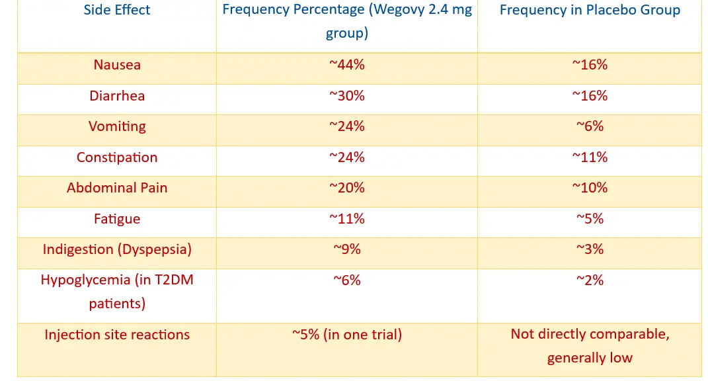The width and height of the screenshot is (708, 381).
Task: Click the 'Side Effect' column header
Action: [117, 10]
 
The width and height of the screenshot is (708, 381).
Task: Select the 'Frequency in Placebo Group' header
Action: [590, 10]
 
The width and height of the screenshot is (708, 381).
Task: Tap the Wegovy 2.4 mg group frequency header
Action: [347, 21]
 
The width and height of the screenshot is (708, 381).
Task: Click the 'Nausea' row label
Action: [117, 65]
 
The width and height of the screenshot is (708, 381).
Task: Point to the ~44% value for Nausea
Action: [347, 65]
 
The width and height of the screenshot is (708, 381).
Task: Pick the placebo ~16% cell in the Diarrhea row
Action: [590, 96]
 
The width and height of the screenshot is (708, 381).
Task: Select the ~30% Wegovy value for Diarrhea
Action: [347, 96]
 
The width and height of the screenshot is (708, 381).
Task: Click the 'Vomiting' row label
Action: [117, 126]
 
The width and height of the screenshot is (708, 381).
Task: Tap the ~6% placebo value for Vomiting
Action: [590, 126]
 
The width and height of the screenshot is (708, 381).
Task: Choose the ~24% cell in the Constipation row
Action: [347, 157]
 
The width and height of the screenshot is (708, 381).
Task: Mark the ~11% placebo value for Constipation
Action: [590, 157]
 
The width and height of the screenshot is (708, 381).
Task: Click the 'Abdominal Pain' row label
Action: [117, 188]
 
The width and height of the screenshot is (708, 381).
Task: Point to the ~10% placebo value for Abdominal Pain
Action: [590, 188]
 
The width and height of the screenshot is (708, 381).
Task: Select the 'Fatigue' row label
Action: [117, 219]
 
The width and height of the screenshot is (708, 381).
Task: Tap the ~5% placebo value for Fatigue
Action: [590, 219]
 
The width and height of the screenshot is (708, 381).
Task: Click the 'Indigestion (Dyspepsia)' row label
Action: [117, 249]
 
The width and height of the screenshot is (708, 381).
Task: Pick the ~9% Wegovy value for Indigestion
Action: [347, 249]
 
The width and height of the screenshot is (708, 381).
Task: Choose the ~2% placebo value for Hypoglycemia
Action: [590, 280]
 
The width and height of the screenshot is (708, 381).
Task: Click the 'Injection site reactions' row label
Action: [117, 335]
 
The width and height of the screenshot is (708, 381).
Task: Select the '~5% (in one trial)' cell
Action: [347, 335]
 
